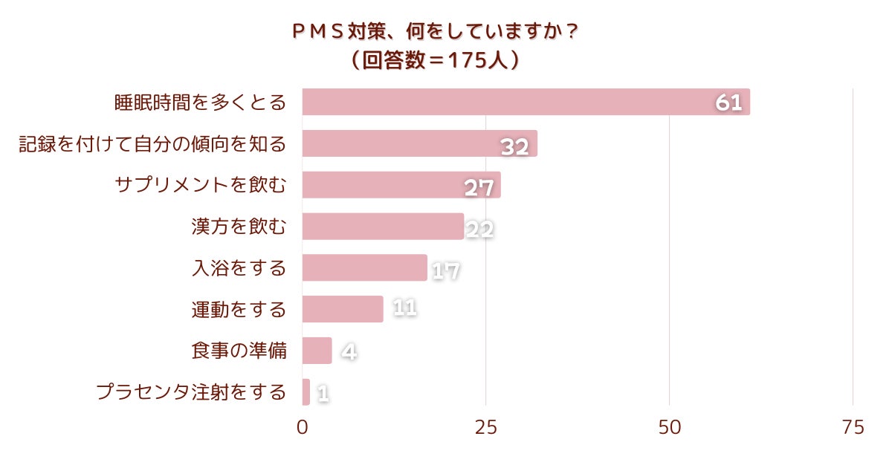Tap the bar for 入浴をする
click(x=364, y=267)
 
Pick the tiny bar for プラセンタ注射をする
click(x=306, y=392)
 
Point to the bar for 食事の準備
click(x=317, y=351)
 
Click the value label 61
click(x=729, y=103)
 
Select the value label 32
click(x=514, y=146)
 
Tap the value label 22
click(x=479, y=230)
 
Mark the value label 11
click(x=404, y=308)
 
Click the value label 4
click(x=349, y=351)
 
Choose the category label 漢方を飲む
click(x=239, y=226)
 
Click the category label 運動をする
click(x=239, y=309)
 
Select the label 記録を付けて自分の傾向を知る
click(x=152, y=143)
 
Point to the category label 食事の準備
click(x=239, y=351)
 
